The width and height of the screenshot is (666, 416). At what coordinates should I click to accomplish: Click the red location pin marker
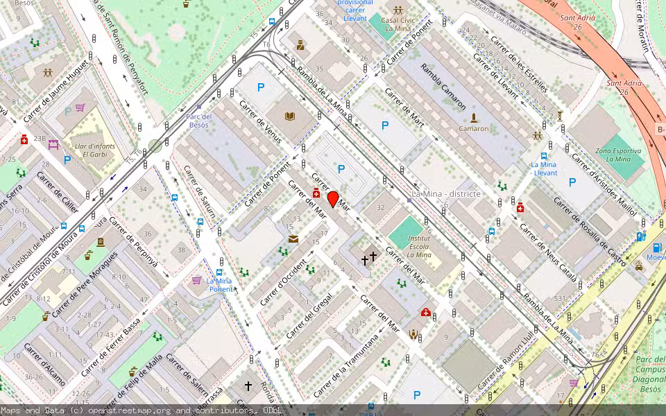pyautogui.click(x=333, y=199)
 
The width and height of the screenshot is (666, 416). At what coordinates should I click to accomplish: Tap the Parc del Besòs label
pyautogui.click(x=199, y=120)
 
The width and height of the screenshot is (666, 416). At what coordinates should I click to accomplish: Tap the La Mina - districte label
pyautogui.click(x=446, y=193)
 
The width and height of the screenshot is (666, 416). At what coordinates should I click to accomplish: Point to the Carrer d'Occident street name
pyautogui.click(x=282, y=282)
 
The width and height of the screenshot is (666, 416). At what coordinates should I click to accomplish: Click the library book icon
pyautogui.click(x=290, y=117)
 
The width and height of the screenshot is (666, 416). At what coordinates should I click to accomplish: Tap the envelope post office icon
pyautogui.click(x=293, y=239)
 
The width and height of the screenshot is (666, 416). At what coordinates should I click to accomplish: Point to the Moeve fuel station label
pyautogui.click(x=655, y=257)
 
